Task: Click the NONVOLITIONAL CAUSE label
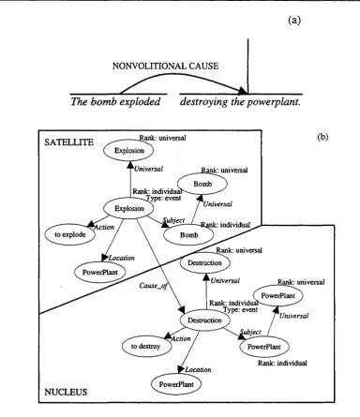pos(165,66)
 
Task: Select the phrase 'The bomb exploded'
pos(115,102)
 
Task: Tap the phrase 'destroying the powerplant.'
pos(240,102)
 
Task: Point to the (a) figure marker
pos(294,21)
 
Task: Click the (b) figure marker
pos(322,137)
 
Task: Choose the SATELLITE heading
pos(68,142)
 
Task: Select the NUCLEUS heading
pos(66,392)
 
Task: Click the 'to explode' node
pos(69,234)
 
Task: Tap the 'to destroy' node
pos(146,346)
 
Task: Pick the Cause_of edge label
pos(153,286)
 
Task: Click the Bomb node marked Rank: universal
pos(202,184)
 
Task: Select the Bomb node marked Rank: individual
pos(188,235)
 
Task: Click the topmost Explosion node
pos(129,151)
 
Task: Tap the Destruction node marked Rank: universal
pos(204,262)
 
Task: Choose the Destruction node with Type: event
pos(204,320)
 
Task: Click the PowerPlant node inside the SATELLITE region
pos(100,272)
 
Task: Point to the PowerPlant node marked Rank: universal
pos(277,295)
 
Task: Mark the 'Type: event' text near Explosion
pos(164,198)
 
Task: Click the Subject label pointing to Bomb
pos(173,220)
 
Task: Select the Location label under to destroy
pos(198,369)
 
